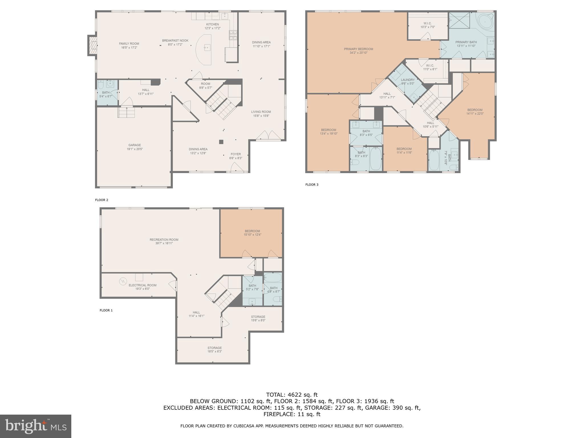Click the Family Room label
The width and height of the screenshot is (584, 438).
pos(129,44)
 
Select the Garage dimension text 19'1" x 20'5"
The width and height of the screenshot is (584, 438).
pos(135,149)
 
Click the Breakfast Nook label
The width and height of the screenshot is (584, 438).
pos(175,41)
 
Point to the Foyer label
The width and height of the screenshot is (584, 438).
pos(236,154)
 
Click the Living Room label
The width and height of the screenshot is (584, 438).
pos(261,112)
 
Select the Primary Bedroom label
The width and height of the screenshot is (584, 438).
pos(358,49)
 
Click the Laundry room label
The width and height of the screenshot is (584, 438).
pos(407,80)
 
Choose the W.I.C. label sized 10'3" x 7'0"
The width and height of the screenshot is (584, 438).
pos(427,23)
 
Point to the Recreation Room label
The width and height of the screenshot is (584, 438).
pos(164,240)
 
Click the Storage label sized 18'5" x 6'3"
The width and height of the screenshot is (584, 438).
pos(214,348)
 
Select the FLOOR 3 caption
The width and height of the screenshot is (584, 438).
pos(312,185)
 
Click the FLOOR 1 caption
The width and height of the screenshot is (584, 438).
pos(106,310)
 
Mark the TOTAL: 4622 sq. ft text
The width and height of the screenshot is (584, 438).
pos(292,395)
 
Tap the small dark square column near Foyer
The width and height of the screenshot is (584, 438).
pos(221,142)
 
